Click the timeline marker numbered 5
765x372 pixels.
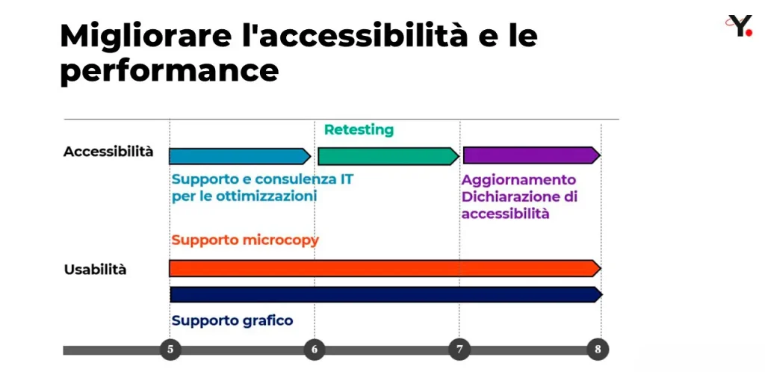[170, 350]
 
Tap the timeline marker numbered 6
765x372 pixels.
[315, 350]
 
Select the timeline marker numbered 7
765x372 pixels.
[459, 350]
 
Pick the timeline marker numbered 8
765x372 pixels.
[598, 350]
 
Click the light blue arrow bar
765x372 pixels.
[240, 156]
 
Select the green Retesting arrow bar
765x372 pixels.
[388, 156]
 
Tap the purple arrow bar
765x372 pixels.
[532, 155]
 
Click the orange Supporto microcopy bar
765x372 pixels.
[385, 268]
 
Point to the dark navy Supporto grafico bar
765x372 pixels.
[386, 294]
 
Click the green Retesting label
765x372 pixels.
[359, 130]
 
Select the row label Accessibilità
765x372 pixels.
[108, 151]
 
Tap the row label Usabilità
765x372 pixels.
[95, 270]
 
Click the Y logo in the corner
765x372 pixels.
[739, 25]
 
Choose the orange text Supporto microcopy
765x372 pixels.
[245, 241]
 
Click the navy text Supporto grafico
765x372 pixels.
[232, 320]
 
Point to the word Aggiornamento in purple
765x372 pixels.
[519, 180]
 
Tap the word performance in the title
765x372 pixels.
[170, 71]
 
